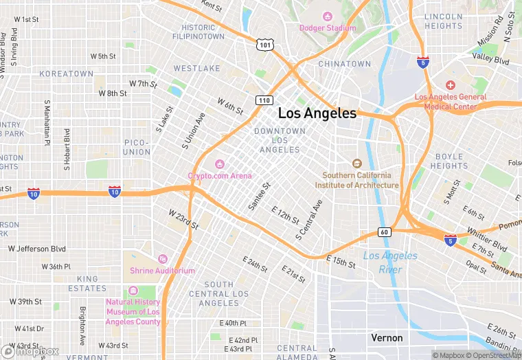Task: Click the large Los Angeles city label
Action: point(317,113)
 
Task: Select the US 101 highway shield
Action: point(266,45)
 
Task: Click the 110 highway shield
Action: point(264,100)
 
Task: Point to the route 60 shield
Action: point(384,232)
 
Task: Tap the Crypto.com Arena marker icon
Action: point(220,164)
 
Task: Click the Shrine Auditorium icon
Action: point(163,259)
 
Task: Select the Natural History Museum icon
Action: point(133,290)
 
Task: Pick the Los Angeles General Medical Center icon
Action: point(451,85)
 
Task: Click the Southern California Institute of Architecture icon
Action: point(356,164)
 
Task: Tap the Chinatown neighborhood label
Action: point(345,64)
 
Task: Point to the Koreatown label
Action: point(66,74)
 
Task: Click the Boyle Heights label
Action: point(449,161)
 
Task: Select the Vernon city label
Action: point(387,338)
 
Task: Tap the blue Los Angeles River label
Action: point(389,262)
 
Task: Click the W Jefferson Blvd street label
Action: point(37,249)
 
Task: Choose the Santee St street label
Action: point(260,195)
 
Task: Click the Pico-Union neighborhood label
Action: point(137,147)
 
